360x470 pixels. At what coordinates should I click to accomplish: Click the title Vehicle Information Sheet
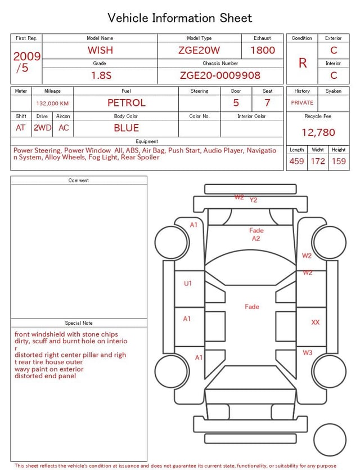pyautogui.click(x=179, y=18)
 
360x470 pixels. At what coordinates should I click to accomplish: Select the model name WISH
pyautogui.click(x=100, y=50)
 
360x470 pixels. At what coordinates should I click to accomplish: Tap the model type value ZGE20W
pyautogui.click(x=199, y=50)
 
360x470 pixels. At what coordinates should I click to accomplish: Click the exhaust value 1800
pyautogui.click(x=263, y=50)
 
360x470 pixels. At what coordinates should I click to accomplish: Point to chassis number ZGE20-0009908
pyautogui.click(x=220, y=75)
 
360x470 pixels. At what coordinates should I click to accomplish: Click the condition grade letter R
pyautogui.click(x=303, y=63)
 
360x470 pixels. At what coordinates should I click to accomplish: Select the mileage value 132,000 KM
pyautogui.click(x=52, y=104)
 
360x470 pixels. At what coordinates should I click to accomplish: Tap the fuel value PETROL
pyautogui.click(x=126, y=103)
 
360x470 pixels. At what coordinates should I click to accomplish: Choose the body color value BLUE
pyautogui.click(x=126, y=128)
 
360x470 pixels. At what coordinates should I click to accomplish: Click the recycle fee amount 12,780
pyautogui.click(x=318, y=133)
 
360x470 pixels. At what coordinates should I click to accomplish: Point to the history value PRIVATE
pyautogui.click(x=302, y=103)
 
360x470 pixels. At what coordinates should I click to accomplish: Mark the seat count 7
pyautogui.click(x=267, y=103)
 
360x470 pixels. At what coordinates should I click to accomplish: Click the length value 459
pyautogui.click(x=296, y=161)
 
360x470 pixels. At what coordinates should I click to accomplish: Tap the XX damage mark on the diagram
pyautogui.click(x=316, y=323)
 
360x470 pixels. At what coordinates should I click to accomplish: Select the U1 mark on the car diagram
pyautogui.click(x=188, y=284)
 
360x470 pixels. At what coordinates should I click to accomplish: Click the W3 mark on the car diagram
pyautogui.click(x=308, y=353)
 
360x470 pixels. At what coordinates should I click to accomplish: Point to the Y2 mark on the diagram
pyautogui.click(x=253, y=200)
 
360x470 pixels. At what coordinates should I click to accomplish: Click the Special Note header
pyautogui.click(x=79, y=323)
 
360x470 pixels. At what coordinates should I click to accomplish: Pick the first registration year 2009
pyautogui.click(x=26, y=57)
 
